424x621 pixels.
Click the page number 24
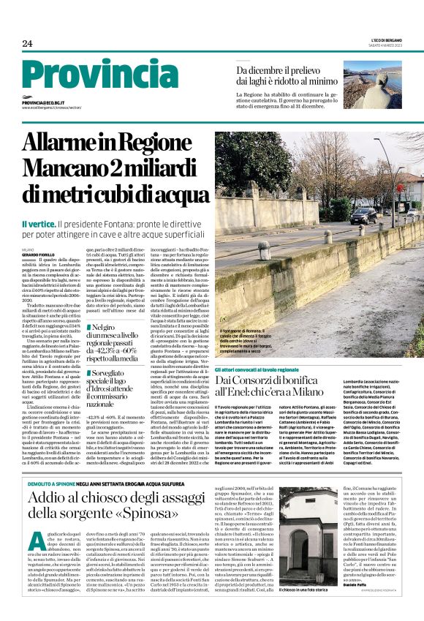pyautogui.click(x=27, y=44)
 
